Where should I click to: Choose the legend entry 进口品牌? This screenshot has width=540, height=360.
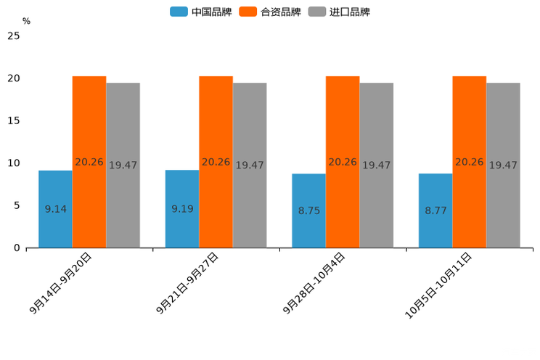[x=339, y=12]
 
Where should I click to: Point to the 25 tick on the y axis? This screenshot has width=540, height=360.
[x=13, y=36]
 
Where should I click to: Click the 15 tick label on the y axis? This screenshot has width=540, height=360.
[x=13, y=120]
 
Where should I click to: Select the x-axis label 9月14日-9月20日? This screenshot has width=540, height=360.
[x=61, y=283]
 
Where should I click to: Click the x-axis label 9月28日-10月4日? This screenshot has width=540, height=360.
[x=314, y=284]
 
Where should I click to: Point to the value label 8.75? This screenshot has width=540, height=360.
[x=309, y=210]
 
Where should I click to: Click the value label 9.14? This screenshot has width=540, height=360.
[x=56, y=209]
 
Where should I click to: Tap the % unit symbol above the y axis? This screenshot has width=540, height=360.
[x=26, y=21]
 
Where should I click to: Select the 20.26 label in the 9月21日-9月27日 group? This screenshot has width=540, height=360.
[x=216, y=162]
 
